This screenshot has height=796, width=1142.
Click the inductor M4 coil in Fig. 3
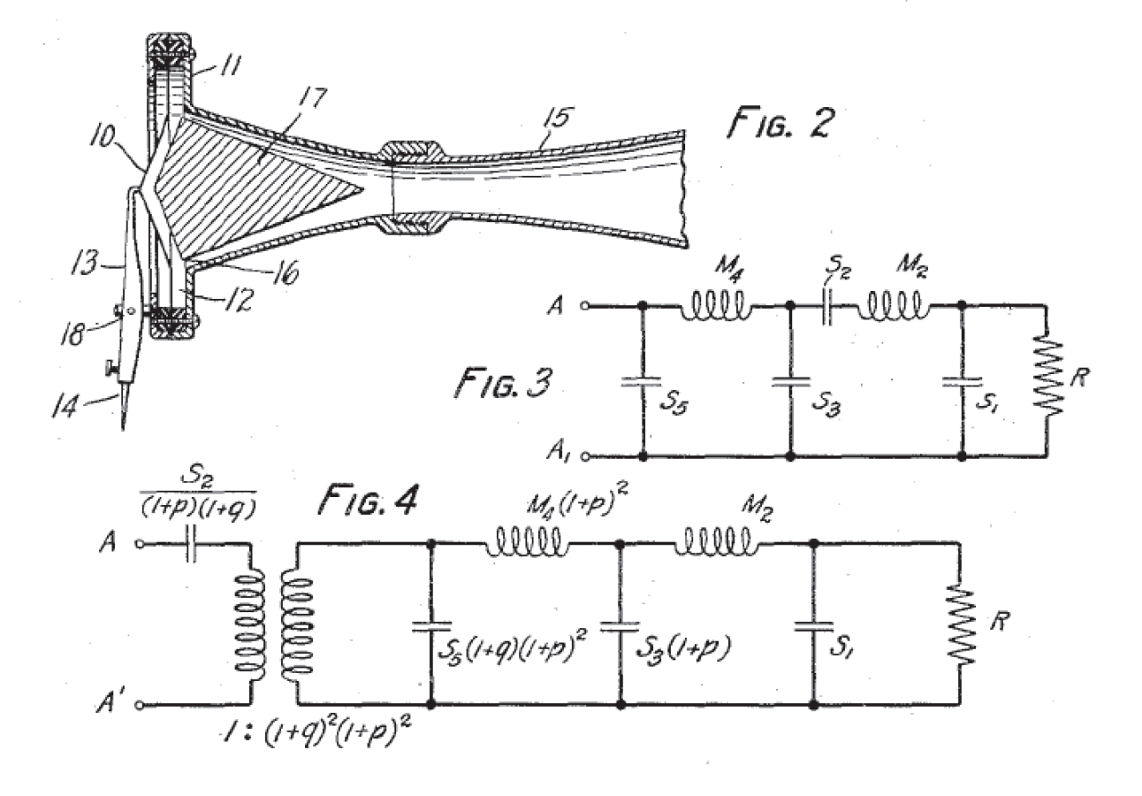pyautogui.click(x=716, y=307)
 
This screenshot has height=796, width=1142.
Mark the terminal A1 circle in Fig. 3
pyautogui.click(x=585, y=456)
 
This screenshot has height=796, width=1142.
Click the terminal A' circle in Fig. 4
pyautogui.click(x=140, y=704)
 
